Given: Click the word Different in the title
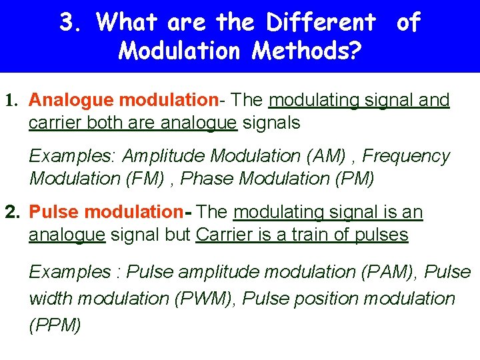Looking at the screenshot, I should pos(321,23).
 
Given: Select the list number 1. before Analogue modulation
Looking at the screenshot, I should pos(11,101).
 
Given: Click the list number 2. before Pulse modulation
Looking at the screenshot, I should pos(12,213).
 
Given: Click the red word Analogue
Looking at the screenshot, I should pos(71,100).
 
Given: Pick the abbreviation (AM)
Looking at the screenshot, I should pos(325,156).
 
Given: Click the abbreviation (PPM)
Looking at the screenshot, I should pos(55,325).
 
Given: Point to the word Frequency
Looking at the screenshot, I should pos(406,156).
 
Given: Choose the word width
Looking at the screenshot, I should pos(48,299).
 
